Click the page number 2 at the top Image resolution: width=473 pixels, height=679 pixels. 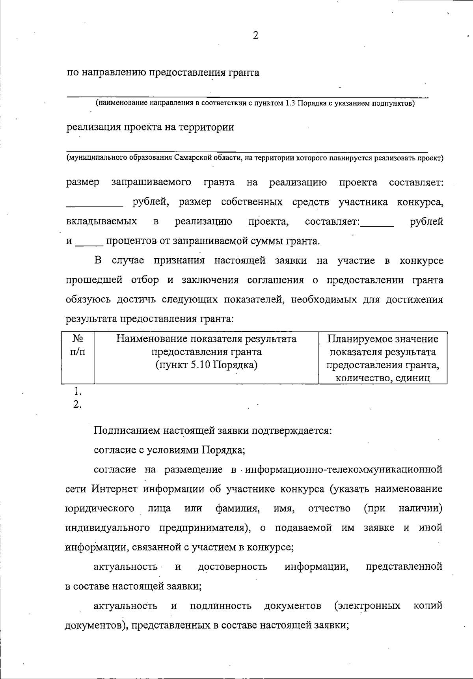click(255, 36)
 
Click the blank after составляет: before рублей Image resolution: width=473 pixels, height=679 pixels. click(377, 224)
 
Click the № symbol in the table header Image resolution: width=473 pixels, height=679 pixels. click(78, 339)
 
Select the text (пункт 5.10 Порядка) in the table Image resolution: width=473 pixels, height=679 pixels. click(207, 365)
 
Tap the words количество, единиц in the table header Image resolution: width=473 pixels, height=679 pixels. click(382, 378)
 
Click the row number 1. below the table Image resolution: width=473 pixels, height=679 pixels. click(77, 392)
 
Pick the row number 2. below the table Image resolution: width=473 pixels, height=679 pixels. click(77, 404)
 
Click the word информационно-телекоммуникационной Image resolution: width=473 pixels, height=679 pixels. click(344, 470)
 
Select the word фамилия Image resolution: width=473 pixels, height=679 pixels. click(237, 509)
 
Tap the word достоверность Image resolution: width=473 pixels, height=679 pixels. click(233, 567)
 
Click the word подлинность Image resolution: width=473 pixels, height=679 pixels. click(221, 606)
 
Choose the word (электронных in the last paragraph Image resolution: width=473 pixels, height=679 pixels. click(367, 606)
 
